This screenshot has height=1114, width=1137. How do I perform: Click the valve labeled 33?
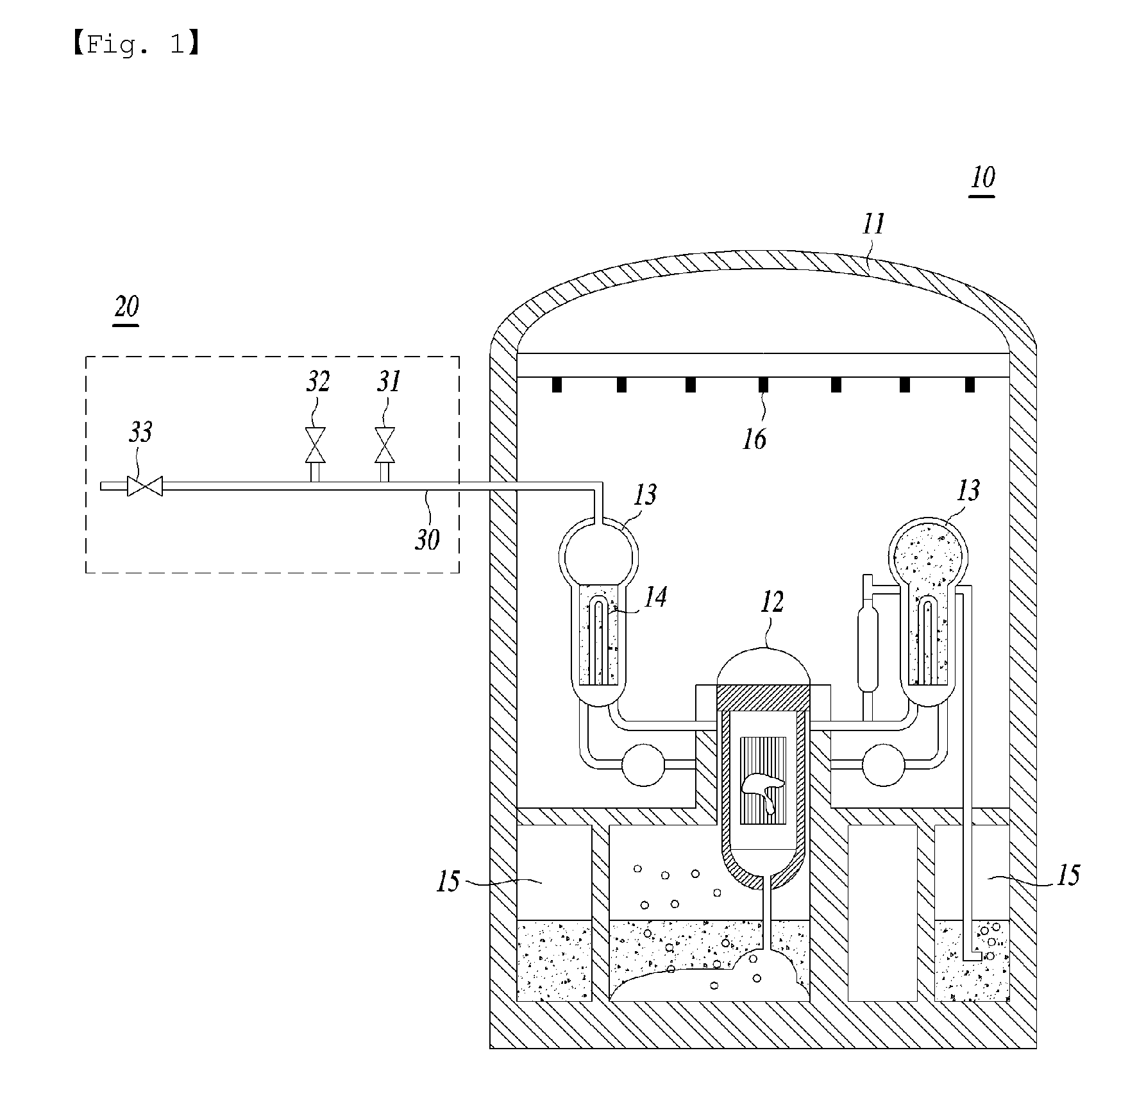(x=144, y=485)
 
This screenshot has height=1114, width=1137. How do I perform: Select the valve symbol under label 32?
(x=316, y=445)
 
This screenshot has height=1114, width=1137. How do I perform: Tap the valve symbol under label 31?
(x=385, y=445)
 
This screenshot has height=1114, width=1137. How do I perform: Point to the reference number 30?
(x=428, y=539)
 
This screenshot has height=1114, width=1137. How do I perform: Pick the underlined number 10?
(x=982, y=178)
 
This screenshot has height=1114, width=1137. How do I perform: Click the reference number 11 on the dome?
(x=873, y=224)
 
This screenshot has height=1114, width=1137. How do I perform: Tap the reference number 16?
(x=755, y=439)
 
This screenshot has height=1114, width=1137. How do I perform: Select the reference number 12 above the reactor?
(x=771, y=602)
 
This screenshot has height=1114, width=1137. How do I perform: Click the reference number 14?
(x=655, y=597)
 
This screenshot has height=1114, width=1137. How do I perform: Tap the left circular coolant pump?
(x=644, y=764)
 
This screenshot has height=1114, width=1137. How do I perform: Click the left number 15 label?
(x=448, y=882)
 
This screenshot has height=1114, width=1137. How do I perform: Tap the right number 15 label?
(x=1067, y=875)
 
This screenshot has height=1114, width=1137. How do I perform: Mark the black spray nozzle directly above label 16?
(x=763, y=385)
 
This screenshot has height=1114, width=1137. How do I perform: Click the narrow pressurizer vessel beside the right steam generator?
(x=867, y=651)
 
